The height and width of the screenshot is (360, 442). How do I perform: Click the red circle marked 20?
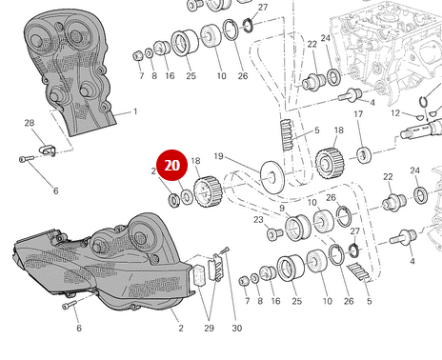point(172,166)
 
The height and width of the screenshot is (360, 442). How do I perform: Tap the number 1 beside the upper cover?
point(134,111)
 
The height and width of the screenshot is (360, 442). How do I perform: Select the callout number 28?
point(29,123)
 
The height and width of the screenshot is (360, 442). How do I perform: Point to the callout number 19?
point(218,156)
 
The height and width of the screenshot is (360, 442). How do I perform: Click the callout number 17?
point(359,115)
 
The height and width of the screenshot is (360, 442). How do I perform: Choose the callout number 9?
point(282,208)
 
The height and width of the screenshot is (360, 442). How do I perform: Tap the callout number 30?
point(237,329)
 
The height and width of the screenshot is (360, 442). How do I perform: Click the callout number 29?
point(209,329)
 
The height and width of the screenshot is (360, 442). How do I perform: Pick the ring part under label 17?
point(363,154)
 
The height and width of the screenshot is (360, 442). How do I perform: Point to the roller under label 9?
point(296,229)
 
